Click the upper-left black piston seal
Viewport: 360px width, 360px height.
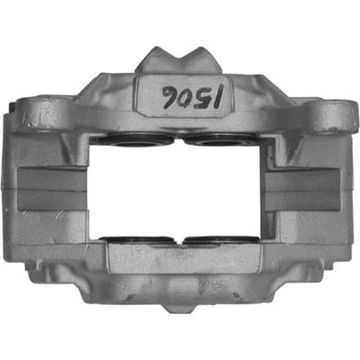(134, 139)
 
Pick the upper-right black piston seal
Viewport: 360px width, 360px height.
(222, 139)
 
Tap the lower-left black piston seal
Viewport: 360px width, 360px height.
(137, 240)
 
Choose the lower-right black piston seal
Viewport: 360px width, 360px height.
(221, 240)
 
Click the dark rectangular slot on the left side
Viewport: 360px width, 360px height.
(52, 188)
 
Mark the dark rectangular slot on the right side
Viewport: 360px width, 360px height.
(301, 188)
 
